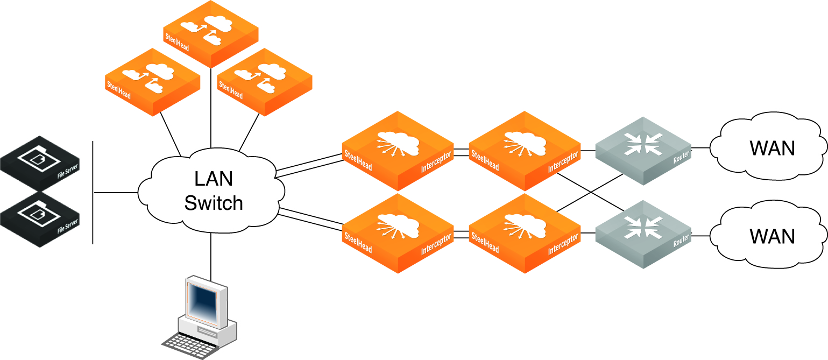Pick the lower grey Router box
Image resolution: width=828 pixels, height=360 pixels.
click(642, 234)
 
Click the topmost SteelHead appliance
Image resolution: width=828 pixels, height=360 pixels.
click(210, 33)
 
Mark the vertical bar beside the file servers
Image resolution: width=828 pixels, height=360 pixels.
click(93, 192)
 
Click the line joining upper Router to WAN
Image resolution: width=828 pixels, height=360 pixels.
click(700, 147)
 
